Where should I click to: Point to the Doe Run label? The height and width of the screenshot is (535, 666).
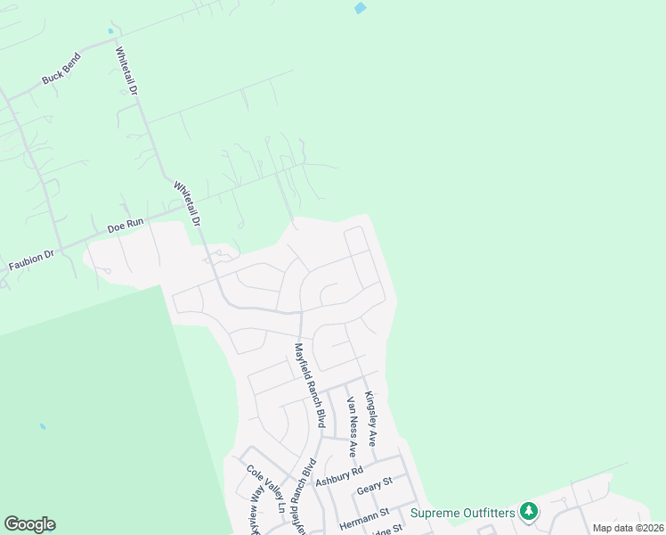point(126,227)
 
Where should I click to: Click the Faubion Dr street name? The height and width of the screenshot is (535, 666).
point(31,259)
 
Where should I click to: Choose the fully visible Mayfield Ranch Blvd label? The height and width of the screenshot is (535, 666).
point(308,385)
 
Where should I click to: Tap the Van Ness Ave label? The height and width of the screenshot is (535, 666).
point(352,426)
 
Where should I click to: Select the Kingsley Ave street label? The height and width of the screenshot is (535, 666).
point(371,419)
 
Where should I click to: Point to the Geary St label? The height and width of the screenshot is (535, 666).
point(374,485)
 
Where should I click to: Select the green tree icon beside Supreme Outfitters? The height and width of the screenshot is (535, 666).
point(530,511)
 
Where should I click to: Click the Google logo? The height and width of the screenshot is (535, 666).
point(29,524)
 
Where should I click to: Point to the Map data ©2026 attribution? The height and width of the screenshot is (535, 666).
point(628,528)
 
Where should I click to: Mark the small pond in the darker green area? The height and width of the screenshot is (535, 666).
point(43,426)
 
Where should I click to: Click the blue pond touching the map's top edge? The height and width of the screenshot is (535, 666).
point(360,8)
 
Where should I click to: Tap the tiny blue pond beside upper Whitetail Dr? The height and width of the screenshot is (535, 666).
point(111,31)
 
